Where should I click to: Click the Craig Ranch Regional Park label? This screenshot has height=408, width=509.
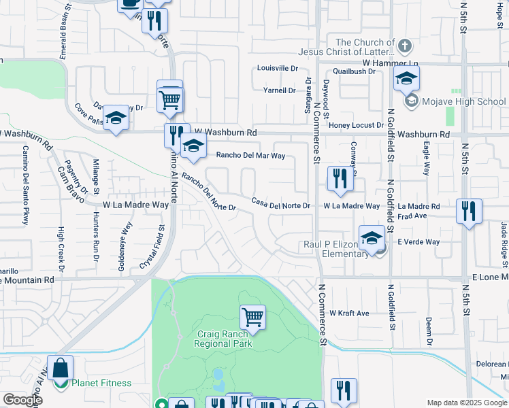[x=223, y=339]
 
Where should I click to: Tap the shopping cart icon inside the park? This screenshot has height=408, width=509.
[x=252, y=316]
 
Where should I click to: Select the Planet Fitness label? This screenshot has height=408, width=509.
[x=101, y=383]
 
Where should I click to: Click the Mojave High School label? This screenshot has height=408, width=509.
[x=463, y=102]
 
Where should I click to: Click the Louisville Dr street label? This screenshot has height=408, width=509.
[x=278, y=69]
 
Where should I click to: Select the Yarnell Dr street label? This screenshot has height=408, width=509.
[x=280, y=90]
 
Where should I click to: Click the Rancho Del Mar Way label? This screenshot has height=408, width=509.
[x=250, y=155]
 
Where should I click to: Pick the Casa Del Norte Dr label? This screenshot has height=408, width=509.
[x=280, y=205]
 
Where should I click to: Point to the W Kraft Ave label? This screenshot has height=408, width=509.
[x=349, y=313]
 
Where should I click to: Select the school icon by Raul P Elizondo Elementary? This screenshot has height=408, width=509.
[x=372, y=239]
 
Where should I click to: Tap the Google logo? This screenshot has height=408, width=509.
[x=22, y=399]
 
